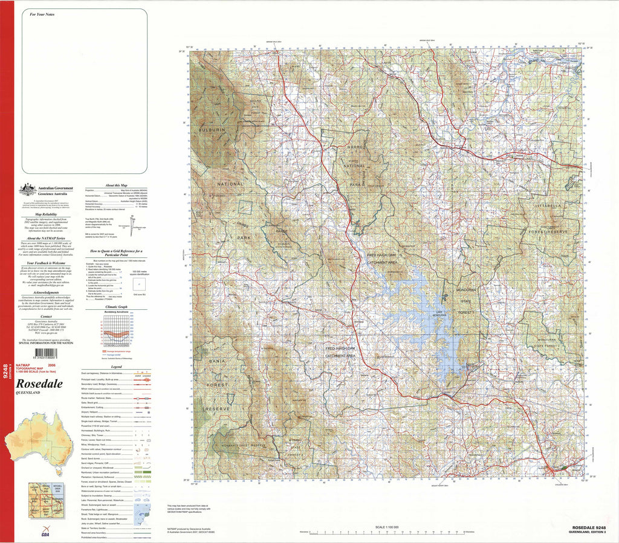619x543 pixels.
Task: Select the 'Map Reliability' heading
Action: (46, 214)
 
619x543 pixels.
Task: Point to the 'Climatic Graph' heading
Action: (116, 307)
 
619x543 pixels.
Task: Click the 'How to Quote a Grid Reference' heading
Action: (116, 252)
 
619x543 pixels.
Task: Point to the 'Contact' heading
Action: (46, 316)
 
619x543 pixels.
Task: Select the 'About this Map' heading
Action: (116, 185)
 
